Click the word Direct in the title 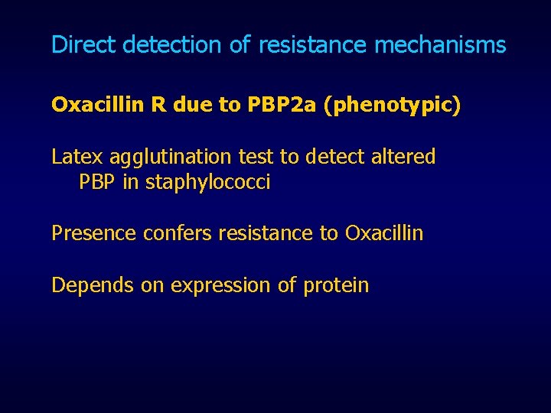[83, 45]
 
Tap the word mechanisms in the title [440, 45]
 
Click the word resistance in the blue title [313, 45]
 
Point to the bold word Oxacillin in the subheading [97, 105]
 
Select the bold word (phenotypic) [392, 106]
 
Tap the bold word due [194, 105]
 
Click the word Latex [77, 157]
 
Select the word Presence [94, 233]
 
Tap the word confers [178, 233]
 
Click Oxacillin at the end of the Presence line [383, 233]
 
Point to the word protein [336, 285]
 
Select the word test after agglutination [256, 157]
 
